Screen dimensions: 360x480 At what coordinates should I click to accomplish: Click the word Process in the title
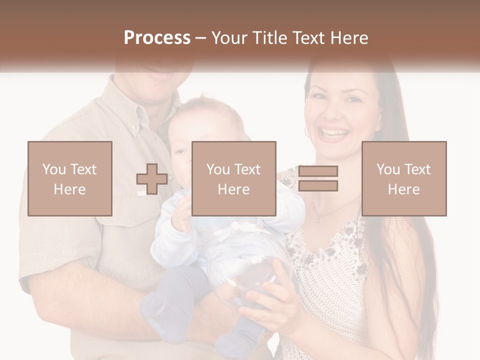point(157,38)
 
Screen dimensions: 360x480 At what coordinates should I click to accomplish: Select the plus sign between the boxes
point(152,179)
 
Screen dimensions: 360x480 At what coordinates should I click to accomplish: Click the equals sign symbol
point(318,178)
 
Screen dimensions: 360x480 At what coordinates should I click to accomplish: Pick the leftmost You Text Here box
point(69,179)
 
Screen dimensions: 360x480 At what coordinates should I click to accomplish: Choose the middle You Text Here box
point(233,179)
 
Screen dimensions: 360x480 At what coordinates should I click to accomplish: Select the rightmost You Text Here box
point(403,179)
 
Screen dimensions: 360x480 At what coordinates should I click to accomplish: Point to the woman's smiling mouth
point(333,133)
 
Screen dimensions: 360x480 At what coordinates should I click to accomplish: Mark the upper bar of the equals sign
point(318,171)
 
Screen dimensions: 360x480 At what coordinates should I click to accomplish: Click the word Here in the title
point(348,38)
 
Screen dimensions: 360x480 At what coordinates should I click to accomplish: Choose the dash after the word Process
point(200,38)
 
